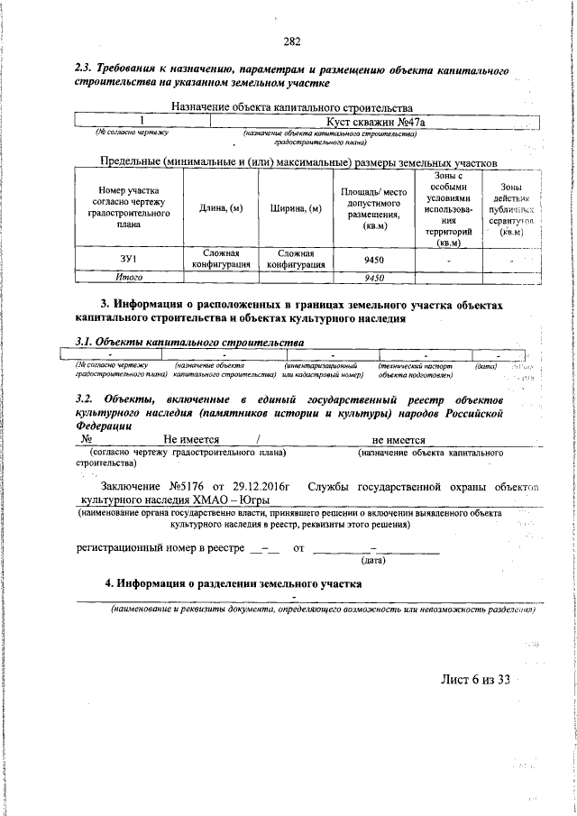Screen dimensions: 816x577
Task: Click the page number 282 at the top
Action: [x=291, y=41]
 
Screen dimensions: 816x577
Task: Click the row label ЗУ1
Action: [x=127, y=260]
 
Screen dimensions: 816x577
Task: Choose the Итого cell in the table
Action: [x=127, y=278]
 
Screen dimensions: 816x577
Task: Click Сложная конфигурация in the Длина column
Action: [x=220, y=260]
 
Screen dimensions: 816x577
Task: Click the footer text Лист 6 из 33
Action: [x=474, y=679]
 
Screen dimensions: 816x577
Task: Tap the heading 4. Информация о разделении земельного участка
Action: [x=233, y=583]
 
